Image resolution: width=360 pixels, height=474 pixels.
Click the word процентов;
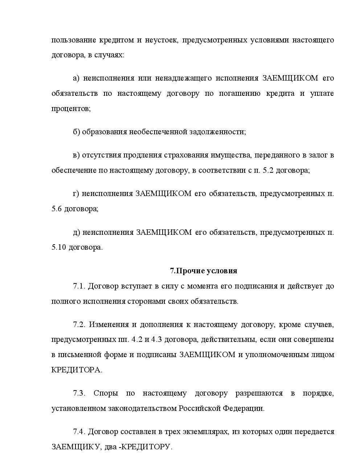71,109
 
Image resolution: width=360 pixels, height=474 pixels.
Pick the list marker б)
76,131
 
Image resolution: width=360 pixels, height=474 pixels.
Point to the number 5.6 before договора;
57,209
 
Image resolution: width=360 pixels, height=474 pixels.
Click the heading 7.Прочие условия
203,271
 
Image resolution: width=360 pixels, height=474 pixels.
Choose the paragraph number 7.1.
79,286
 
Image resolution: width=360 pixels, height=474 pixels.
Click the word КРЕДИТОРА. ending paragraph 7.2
77,370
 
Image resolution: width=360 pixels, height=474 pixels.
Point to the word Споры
104,393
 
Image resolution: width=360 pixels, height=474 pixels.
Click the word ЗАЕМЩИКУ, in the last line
76,447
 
